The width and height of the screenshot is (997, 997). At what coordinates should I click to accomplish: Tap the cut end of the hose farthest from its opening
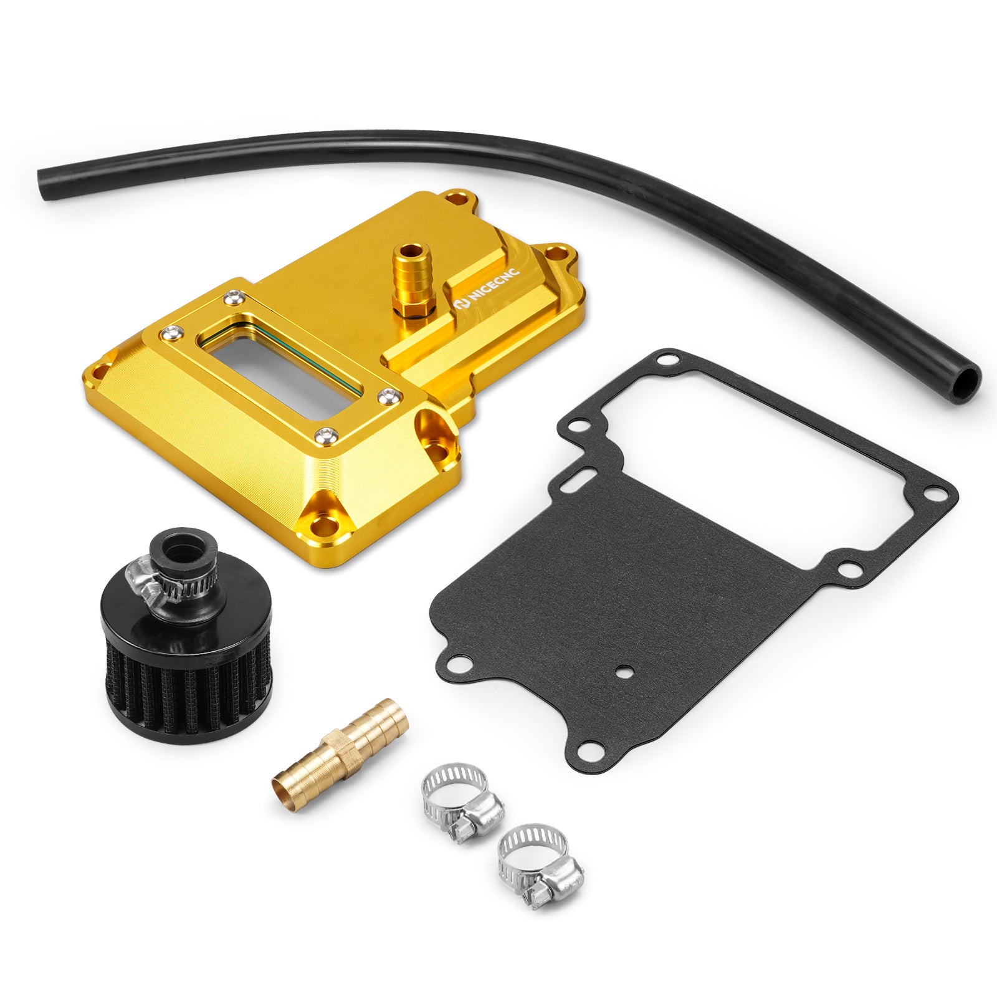coord(47,184)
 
